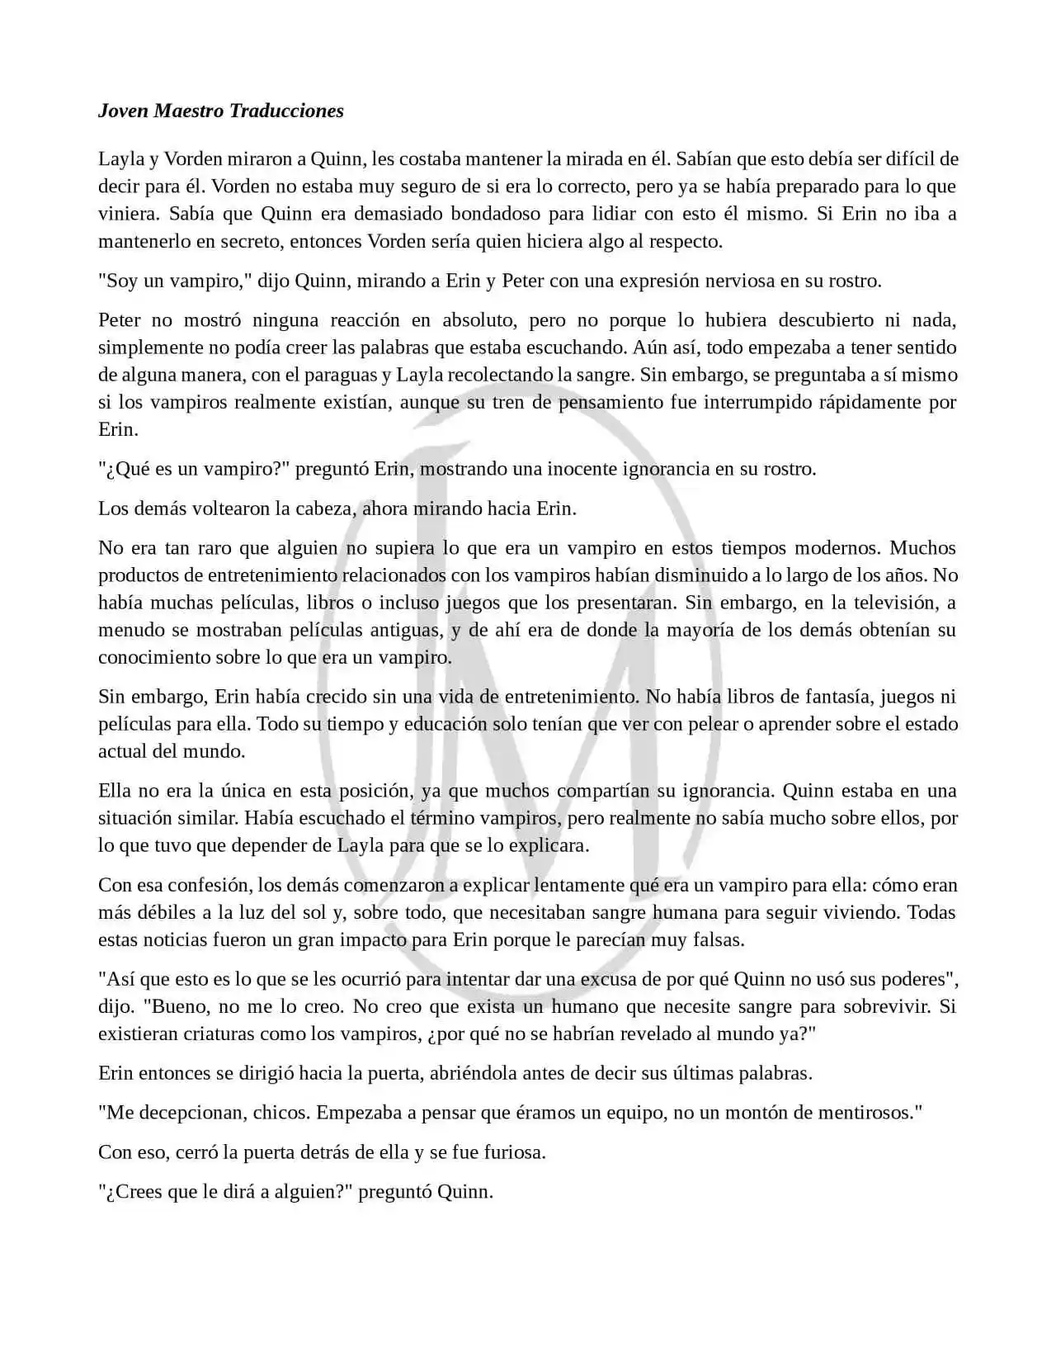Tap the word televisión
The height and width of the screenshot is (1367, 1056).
pos(895,603)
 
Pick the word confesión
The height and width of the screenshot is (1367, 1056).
pos(210,885)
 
